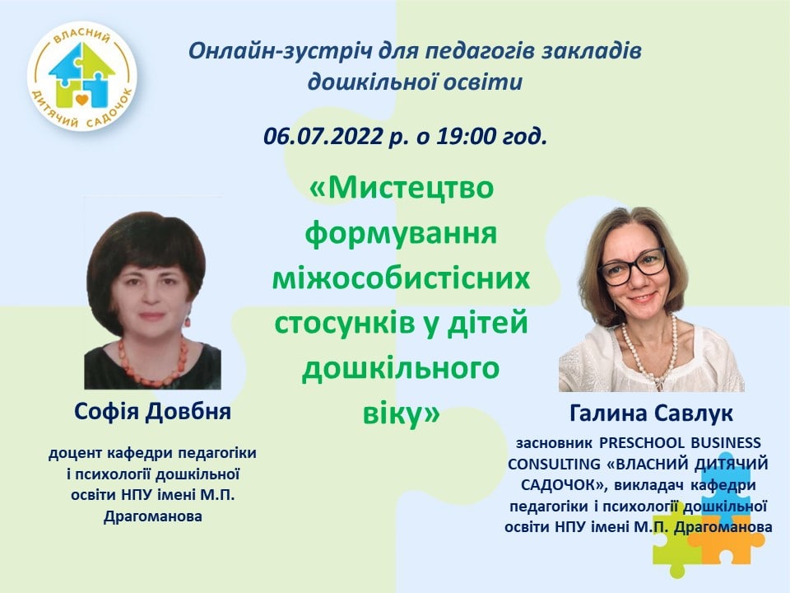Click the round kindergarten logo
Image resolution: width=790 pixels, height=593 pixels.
point(82,76)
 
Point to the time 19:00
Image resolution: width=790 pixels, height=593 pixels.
point(466,136)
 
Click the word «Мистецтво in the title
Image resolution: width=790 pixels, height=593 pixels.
point(402,189)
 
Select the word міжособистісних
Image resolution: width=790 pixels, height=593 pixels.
point(401,278)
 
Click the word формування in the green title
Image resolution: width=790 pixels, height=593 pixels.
point(402,234)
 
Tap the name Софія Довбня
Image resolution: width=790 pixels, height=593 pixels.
point(153,412)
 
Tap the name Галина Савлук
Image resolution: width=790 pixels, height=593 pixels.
point(652,414)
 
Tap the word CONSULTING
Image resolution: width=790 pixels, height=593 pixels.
point(546,464)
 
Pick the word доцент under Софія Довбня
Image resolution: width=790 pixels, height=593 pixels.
point(76,453)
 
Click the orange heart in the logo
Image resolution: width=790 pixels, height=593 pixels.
point(82,100)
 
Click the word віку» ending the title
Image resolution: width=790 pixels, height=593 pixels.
point(402,413)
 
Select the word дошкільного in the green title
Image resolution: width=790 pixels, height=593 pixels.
point(401,369)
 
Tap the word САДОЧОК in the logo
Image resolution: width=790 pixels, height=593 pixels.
point(110,109)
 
